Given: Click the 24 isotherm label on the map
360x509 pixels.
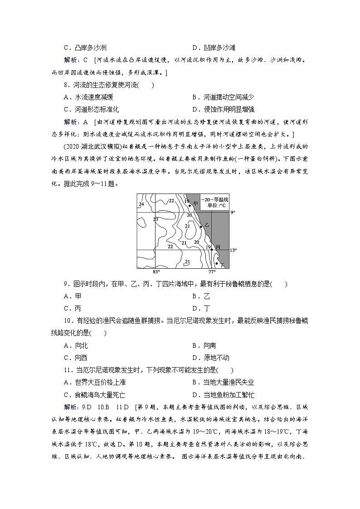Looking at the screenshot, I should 141,204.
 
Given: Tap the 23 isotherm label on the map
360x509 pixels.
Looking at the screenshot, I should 156,219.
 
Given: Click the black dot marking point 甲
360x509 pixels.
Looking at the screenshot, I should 190,205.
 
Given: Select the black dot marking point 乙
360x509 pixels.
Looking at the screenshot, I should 201,226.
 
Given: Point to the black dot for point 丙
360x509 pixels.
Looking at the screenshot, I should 212,249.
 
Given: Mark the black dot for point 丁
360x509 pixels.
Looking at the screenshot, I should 217,263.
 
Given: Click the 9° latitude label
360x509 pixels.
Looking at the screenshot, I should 233,212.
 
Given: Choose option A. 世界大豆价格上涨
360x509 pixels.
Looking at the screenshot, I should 95,382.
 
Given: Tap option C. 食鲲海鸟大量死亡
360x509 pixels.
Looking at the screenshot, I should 95,395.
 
